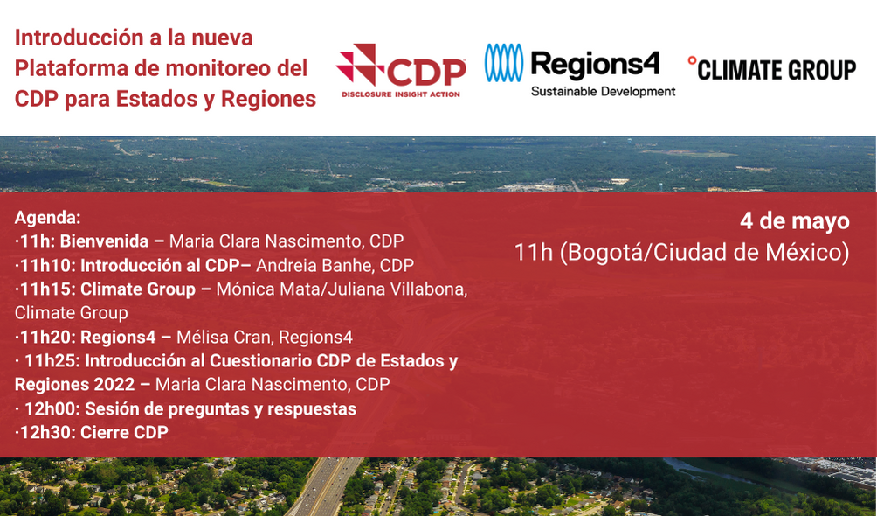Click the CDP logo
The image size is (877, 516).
401,68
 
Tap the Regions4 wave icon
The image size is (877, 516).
504,63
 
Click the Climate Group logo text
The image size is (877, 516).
772,68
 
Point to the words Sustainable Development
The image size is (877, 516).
603,91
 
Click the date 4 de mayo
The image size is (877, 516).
794,221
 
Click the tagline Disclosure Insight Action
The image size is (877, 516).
399,94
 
